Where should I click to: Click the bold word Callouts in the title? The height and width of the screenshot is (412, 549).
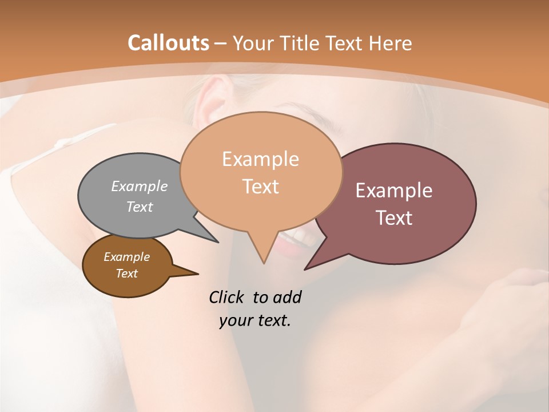(x=168, y=43)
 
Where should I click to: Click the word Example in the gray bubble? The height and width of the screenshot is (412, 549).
(x=139, y=187)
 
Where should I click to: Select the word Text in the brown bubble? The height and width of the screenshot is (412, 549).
(x=126, y=274)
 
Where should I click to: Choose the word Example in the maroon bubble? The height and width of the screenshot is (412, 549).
(x=393, y=191)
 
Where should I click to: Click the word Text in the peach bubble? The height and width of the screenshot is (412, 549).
(x=261, y=187)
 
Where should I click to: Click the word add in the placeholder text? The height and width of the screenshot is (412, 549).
(x=287, y=297)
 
